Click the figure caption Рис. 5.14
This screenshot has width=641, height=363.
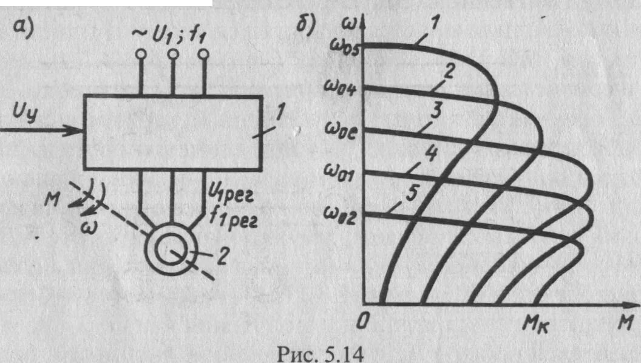pos(320,351)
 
